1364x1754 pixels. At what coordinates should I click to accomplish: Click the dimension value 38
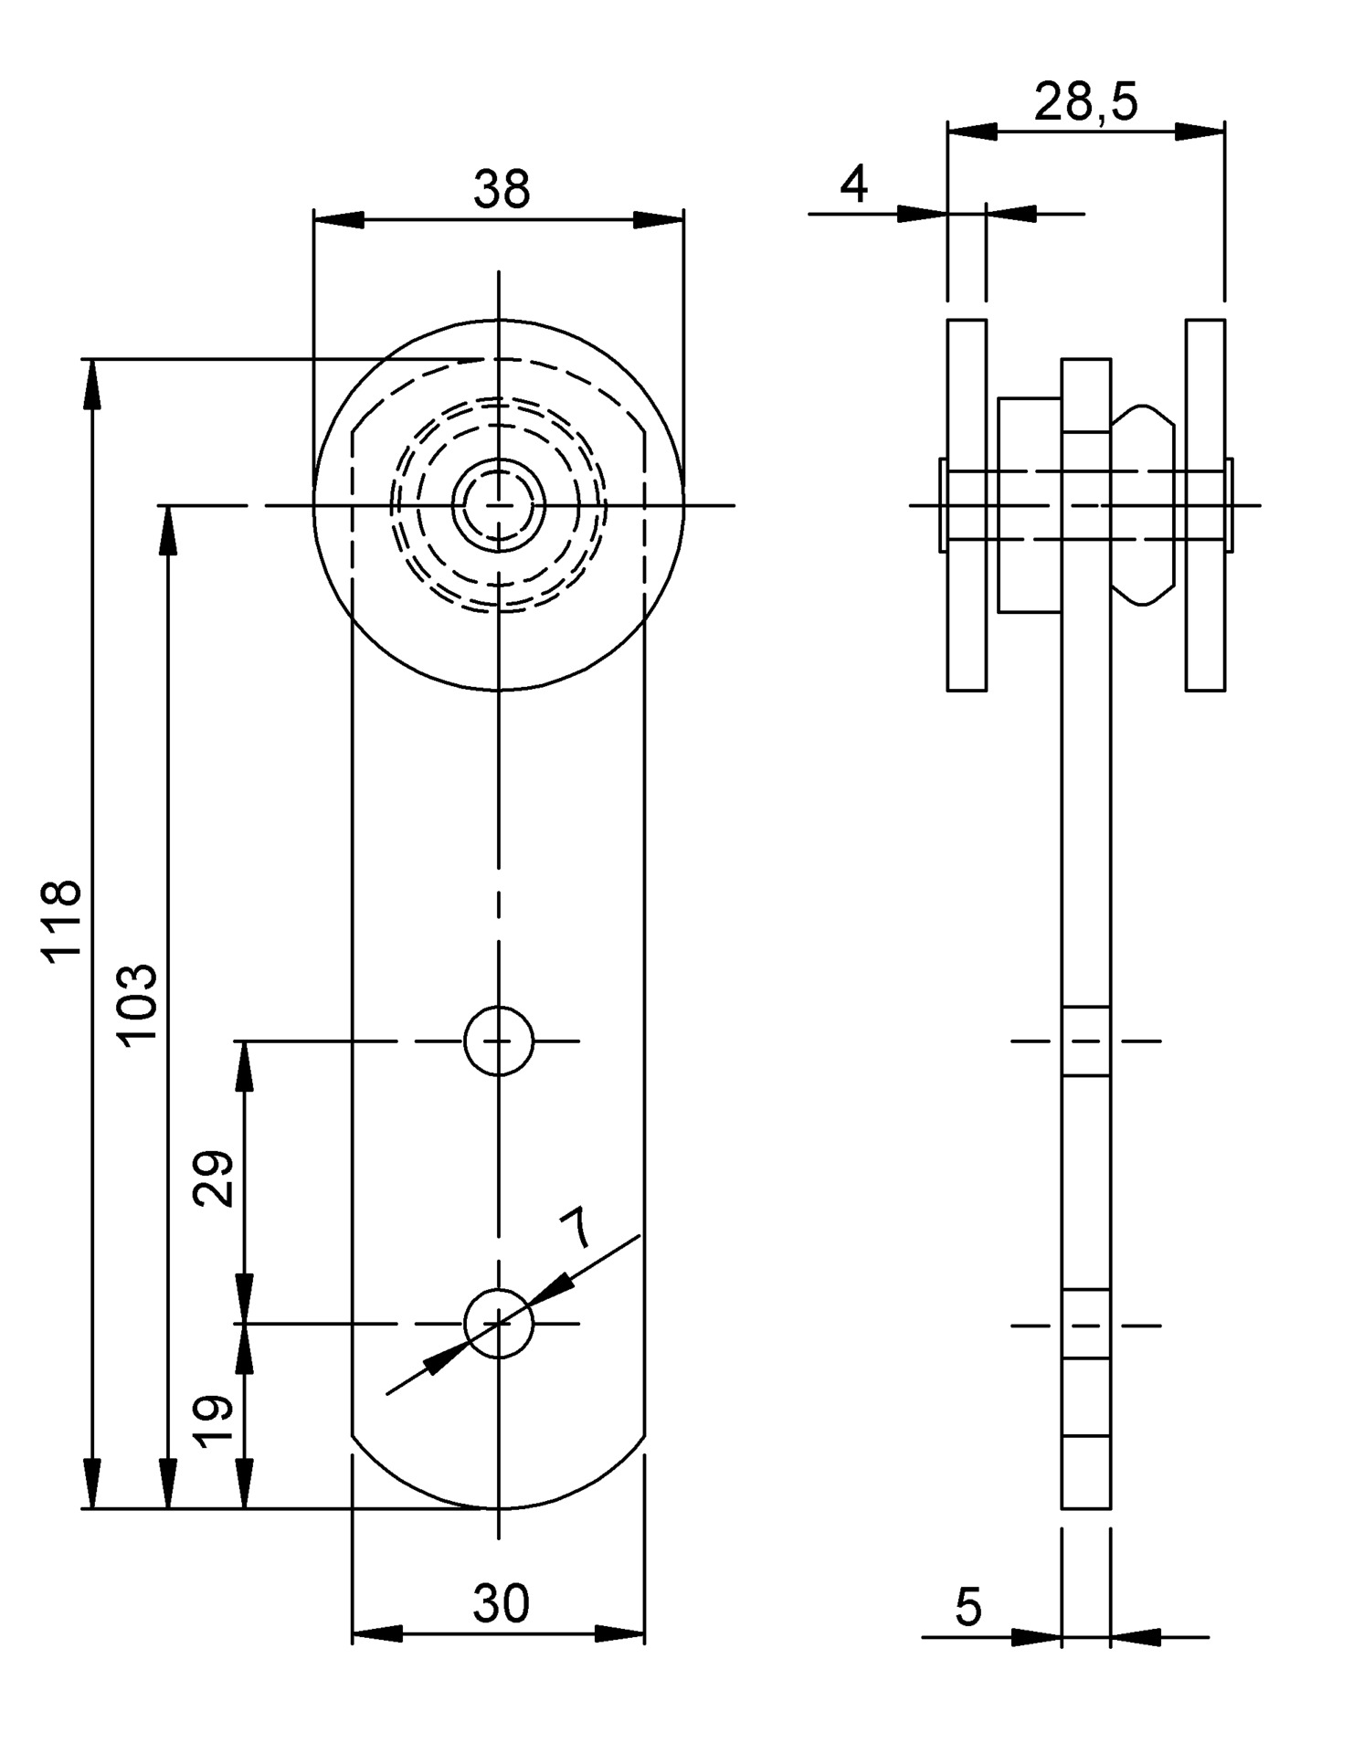point(502,190)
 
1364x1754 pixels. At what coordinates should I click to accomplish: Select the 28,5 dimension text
point(1085,101)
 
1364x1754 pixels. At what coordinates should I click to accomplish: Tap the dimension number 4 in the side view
point(853,185)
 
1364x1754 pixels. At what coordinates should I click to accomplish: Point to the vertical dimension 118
point(63,918)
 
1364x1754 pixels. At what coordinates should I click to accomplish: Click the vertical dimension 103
point(139,1001)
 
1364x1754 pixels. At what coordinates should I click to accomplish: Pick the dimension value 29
point(217,1178)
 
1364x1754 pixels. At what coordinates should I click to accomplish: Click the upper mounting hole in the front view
point(499,1041)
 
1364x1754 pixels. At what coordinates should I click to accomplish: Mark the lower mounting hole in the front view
point(499,1324)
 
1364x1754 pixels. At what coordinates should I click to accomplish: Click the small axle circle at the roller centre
point(499,504)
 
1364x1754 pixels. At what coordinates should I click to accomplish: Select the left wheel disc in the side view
point(967,504)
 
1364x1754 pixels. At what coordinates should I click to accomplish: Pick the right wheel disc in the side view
point(1205,504)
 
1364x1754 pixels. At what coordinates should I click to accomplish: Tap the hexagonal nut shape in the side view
point(1142,504)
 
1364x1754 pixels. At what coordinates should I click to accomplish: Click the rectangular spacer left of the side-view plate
point(1029,504)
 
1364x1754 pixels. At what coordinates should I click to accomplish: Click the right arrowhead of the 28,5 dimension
point(1200,132)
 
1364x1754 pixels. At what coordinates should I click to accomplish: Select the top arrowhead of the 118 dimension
point(91,384)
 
